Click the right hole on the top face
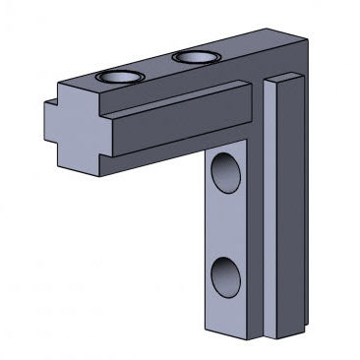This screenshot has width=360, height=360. click(x=194, y=58)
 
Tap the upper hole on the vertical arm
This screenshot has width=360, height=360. click(x=226, y=171)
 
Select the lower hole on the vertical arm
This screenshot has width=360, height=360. click(x=226, y=275)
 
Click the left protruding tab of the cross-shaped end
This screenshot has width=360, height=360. click(x=48, y=124)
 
